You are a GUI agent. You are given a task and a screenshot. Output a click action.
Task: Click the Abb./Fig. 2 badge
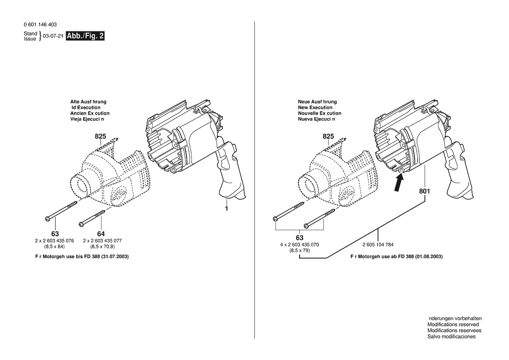[85, 36]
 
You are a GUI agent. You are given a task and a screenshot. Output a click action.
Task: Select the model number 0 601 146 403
[40, 25]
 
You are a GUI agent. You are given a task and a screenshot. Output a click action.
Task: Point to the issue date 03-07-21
[53, 37]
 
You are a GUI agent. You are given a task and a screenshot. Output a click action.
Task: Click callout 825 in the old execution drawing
[100, 136]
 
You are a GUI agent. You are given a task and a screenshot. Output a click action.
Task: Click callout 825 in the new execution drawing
[328, 136]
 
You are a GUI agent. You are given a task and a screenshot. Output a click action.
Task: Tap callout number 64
[101, 234]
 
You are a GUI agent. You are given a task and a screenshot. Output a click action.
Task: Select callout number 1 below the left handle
[226, 208]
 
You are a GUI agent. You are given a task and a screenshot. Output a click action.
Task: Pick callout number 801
[425, 191]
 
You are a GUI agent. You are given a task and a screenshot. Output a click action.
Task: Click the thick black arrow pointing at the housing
[398, 183]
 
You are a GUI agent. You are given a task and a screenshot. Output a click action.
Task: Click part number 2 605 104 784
[378, 245]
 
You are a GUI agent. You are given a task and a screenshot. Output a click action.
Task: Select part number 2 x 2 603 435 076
[54, 241]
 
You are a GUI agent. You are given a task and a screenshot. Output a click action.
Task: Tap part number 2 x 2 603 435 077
[102, 241]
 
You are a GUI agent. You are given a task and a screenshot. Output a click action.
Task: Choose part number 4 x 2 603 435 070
[300, 245]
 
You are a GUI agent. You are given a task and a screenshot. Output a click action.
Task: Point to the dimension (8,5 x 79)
[300, 251]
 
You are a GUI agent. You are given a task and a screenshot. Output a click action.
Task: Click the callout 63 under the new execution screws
[300, 238]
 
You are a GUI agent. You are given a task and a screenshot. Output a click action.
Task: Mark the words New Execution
[315, 108]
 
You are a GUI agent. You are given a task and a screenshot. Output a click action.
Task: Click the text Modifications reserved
[453, 325]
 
